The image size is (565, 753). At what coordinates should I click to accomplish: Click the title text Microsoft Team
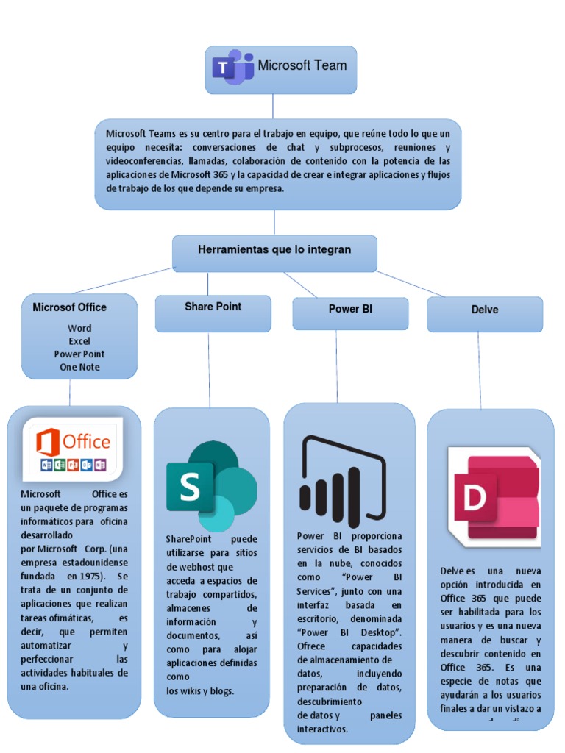pyautogui.click(x=302, y=65)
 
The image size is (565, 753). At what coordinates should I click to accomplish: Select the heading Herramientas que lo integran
pyautogui.click(x=274, y=250)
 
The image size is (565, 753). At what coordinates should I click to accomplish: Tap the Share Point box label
pyautogui.click(x=213, y=307)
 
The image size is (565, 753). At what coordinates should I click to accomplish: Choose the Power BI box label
pyautogui.click(x=350, y=310)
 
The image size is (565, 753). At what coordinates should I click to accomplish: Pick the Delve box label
pyautogui.click(x=485, y=310)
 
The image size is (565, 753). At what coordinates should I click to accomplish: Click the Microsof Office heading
pyautogui.click(x=70, y=307)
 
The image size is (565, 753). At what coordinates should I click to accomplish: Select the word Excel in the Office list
pyautogui.click(x=79, y=341)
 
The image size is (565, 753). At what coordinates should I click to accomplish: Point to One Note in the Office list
pyautogui.click(x=79, y=367)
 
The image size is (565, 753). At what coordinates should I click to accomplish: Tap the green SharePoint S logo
pyautogui.click(x=210, y=486)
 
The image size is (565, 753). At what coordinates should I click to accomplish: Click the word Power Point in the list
pyautogui.click(x=79, y=354)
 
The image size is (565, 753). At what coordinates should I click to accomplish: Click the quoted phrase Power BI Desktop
pyautogui.click(x=349, y=632)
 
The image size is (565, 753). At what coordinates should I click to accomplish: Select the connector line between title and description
pyautogui.click(x=273, y=106)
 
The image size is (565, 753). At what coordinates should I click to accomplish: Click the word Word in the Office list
pyautogui.click(x=79, y=329)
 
